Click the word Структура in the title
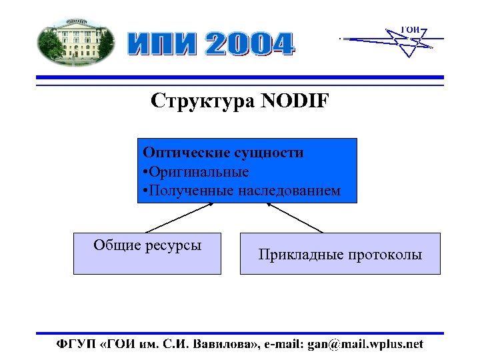[204, 101]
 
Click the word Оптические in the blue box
[181, 153]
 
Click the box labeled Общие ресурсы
[147, 253]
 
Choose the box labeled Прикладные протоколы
[340, 253]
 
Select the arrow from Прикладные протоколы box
[294, 217]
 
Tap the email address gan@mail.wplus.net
[364, 344]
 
